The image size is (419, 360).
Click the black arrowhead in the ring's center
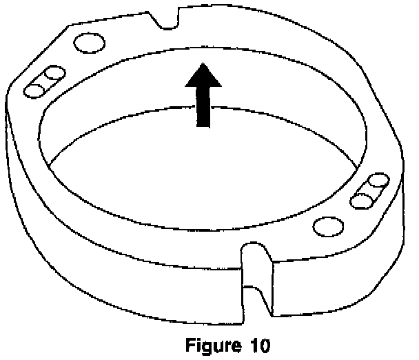(x=203, y=76)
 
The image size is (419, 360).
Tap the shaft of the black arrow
(x=203, y=106)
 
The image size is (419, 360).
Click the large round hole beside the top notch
(x=88, y=43)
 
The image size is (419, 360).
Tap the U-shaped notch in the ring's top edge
(x=167, y=19)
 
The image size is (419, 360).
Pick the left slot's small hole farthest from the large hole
(x=34, y=89)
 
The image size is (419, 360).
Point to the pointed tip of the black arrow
(x=203, y=64)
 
